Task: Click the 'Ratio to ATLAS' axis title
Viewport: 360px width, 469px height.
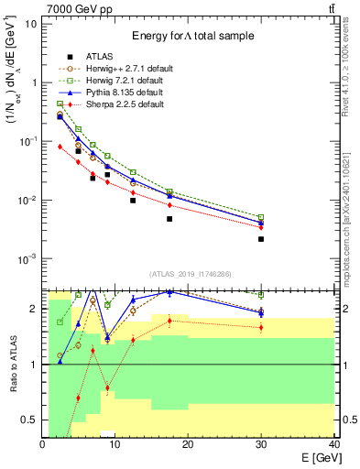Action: [12, 365]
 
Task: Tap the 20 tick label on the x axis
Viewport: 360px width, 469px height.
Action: [188, 444]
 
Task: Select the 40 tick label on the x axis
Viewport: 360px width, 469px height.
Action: [333, 444]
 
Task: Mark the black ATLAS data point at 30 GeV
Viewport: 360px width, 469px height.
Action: [261, 239]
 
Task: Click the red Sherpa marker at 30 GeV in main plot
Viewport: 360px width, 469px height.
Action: [261, 227]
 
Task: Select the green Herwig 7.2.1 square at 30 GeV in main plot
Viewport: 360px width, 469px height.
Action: [261, 217]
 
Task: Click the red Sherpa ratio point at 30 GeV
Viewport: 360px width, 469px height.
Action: [261, 327]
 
